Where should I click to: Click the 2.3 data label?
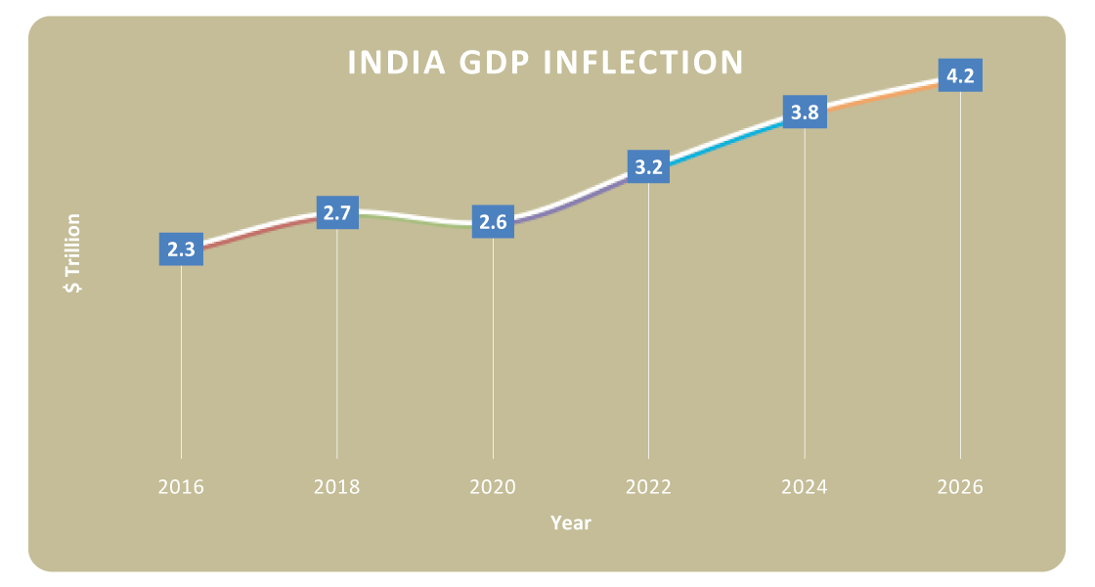(181, 249)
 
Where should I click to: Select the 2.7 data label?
(337, 213)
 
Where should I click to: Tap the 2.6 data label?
(493, 222)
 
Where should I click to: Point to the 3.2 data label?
(648, 167)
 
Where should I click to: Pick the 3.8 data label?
(805, 113)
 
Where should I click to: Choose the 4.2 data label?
(960, 75)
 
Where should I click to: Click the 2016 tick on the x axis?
(181, 486)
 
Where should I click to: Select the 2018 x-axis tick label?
(337, 486)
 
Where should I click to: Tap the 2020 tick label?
(493, 486)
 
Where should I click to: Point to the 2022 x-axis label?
(648, 486)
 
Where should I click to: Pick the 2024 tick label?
(805, 486)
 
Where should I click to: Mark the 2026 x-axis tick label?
(960, 486)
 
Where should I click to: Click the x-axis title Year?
(570, 523)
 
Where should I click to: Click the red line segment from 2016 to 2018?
(259, 229)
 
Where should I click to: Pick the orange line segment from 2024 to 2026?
(883, 93)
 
